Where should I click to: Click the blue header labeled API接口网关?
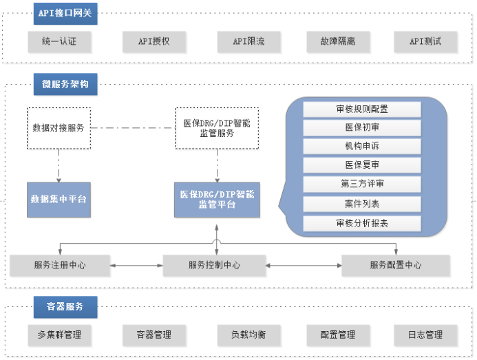click(65, 14)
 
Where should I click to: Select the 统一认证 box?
click(59, 42)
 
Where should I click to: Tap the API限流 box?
click(249, 42)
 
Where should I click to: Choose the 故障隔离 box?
click(338, 42)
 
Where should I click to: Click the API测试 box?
click(425, 42)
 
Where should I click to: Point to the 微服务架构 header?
click(65, 84)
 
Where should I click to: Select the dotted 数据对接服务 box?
click(59, 128)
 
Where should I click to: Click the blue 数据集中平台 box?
click(59, 200)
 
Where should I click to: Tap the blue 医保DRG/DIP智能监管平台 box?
click(217, 200)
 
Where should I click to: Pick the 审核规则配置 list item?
click(362, 109)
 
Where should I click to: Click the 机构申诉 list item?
click(362, 147)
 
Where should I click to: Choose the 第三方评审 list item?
click(362, 184)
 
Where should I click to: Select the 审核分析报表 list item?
click(362, 224)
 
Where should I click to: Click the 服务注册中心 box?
click(60, 266)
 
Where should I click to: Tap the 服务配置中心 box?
click(396, 266)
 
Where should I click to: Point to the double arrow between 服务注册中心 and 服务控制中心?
click(136, 266)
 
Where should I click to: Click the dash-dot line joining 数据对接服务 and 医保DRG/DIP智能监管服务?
click(133, 128)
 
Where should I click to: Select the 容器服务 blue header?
click(65, 307)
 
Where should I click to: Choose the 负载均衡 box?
click(249, 335)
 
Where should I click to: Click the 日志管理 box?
click(425, 335)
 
